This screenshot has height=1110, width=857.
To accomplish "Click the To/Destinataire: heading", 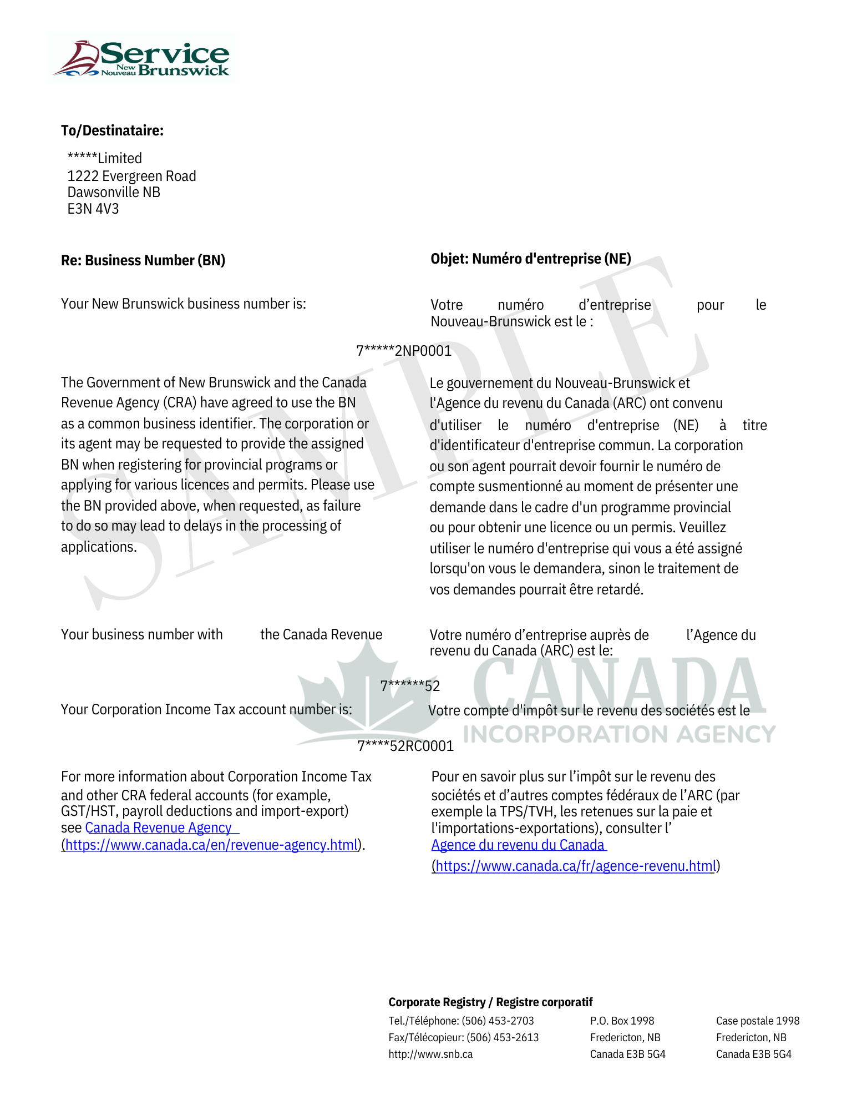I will pos(112,131).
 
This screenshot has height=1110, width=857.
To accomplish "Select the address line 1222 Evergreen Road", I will pos(131,176).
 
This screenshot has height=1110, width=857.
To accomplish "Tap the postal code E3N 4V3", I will pos(93,209).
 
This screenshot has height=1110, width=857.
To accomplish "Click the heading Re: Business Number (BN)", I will pos(143,261).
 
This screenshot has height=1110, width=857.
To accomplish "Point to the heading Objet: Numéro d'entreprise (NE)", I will pos(531,259).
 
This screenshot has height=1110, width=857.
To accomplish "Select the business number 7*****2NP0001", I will pos(404,351).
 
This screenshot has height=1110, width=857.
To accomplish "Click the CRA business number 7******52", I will pos(410,687).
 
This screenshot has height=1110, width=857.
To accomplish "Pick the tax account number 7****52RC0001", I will pos(405,746).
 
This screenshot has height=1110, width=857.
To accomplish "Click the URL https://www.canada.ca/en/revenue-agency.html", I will pos(211,845).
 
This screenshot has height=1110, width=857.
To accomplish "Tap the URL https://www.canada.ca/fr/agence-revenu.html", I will pos(575,866).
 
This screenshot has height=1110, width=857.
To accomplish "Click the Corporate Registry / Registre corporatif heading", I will pos(490,1002).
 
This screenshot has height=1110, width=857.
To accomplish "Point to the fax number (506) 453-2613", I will pos(503,1038).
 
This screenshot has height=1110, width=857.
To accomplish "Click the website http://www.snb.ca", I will pos(430,1054).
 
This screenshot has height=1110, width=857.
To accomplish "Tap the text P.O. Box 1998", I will pos(622,1021).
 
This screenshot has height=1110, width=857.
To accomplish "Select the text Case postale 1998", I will pos(758,1021).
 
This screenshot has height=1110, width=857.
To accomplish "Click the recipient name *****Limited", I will pos(104,159).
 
